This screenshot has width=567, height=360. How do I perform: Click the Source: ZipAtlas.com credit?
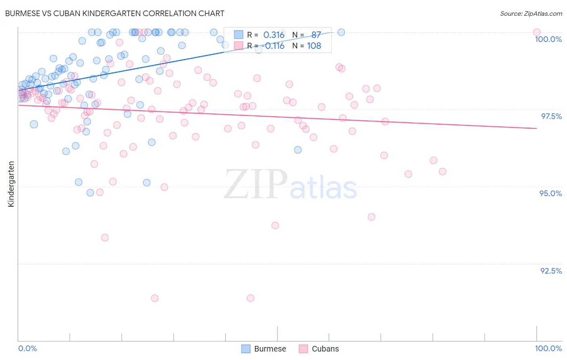coord(531,13)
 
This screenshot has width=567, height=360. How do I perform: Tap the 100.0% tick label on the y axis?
coord(548,39)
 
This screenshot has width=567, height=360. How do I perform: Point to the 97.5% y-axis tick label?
coord(551,116)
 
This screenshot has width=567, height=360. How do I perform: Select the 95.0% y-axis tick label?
coord(550,193)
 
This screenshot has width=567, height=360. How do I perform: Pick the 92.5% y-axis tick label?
coord(551,271)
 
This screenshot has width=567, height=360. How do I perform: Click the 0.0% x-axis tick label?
coord(27,348)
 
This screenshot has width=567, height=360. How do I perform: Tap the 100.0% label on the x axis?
coord(548,348)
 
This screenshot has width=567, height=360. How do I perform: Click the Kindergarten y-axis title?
coord(11,184)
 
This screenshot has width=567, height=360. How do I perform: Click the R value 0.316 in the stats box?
coord(274,35)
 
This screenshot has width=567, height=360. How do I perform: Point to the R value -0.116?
coord(273,46)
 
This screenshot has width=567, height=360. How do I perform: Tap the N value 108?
coord(314,46)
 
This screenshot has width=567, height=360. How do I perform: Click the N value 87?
coord(316,35)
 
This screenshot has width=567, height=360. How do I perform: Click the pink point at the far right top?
coord(536,32)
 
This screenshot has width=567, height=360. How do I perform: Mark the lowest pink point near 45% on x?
coord(250,298)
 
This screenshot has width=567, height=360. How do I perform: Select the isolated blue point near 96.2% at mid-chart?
coord(298,150)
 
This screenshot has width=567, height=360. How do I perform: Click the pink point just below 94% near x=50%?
coord(275,225)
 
